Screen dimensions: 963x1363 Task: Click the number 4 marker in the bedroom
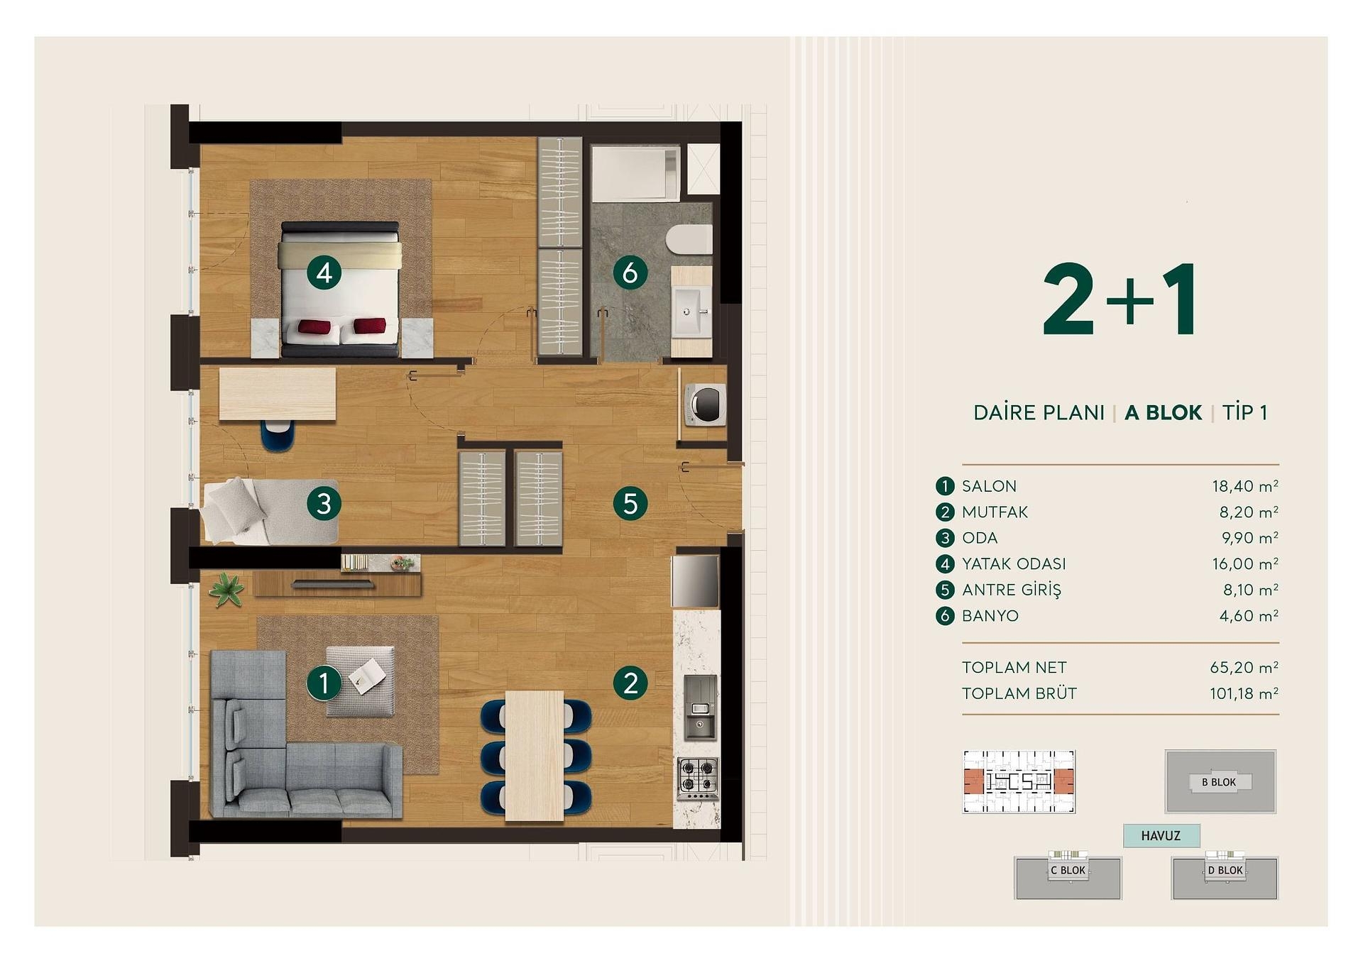pyautogui.click(x=324, y=273)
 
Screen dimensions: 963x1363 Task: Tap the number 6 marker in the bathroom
pyautogui.click(x=630, y=273)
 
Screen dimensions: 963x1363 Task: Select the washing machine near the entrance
pyautogui.click(x=704, y=405)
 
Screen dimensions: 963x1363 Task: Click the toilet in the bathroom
pyautogui.click(x=690, y=239)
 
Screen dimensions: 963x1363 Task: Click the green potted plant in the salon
pyautogui.click(x=226, y=589)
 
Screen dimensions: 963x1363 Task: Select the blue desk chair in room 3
pyautogui.click(x=277, y=434)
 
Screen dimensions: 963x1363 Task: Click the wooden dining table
pyautogui.click(x=535, y=756)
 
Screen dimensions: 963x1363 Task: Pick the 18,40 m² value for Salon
pyautogui.click(x=1244, y=486)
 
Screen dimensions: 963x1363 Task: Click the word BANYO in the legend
pyautogui.click(x=990, y=616)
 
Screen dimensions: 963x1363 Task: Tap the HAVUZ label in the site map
pyautogui.click(x=1161, y=835)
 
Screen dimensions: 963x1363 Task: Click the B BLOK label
pyautogui.click(x=1219, y=782)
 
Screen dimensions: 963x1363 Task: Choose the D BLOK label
pyautogui.click(x=1225, y=870)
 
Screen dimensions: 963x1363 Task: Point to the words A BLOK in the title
pyautogui.click(x=1163, y=412)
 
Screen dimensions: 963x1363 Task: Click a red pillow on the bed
pyautogui.click(x=314, y=327)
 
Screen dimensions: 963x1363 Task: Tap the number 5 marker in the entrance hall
pyautogui.click(x=630, y=504)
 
